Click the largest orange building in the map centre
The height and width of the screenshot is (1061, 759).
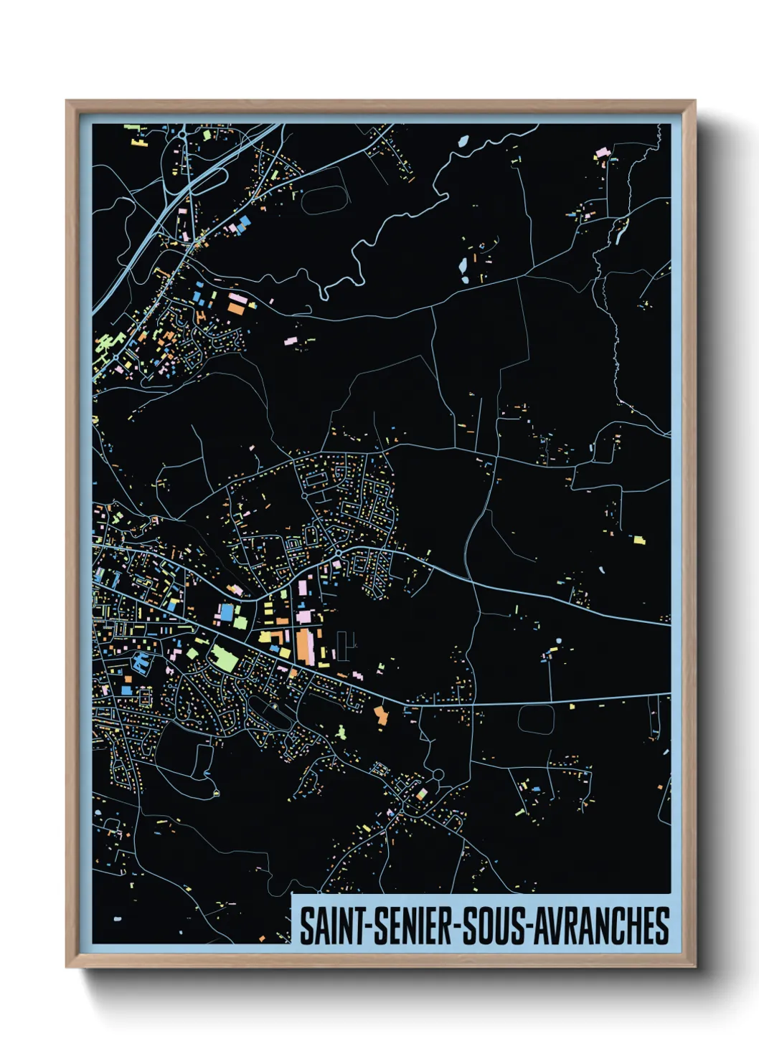point(305,645)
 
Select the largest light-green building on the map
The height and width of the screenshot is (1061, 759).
point(225,658)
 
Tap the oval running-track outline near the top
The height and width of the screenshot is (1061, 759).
point(324,200)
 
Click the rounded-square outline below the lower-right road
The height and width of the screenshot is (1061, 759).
point(536,719)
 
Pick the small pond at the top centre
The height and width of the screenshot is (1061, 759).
point(463,141)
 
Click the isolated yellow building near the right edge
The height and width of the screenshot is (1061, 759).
point(638,539)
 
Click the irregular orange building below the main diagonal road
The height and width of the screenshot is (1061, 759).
point(381,715)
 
